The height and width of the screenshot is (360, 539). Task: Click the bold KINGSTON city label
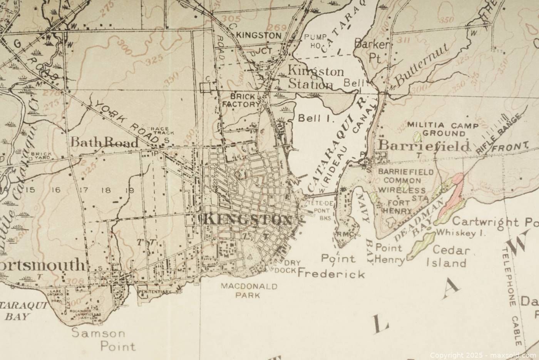(x=246, y=220)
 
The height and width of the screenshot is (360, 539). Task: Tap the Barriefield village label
(x=425, y=146)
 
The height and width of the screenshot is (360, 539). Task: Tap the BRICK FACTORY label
(x=245, y=100)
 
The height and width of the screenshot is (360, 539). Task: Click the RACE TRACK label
(x=162, y=131)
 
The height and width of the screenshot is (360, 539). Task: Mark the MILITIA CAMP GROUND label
(x=442, y=129)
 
